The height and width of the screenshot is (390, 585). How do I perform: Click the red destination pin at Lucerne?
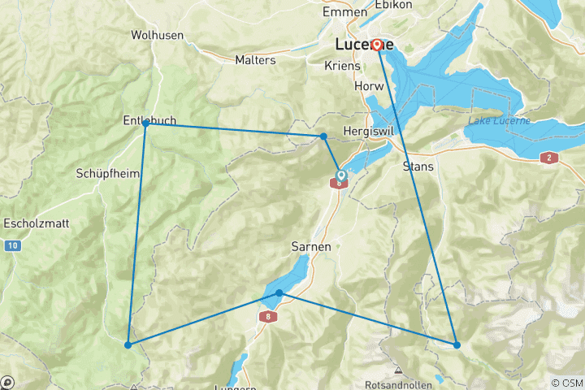[x=378, y=44]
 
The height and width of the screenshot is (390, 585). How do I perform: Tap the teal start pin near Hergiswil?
[x=341, y=175]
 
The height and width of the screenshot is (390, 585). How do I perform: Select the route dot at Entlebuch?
[x=145, y=123]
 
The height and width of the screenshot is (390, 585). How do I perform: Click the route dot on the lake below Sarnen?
[x=279, y=292]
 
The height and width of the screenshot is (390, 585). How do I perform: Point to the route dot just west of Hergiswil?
[x=323, y=136]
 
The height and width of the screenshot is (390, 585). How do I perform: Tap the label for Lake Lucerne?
[x=499, y=121]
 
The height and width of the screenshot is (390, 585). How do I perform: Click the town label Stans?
[x=418, y=167]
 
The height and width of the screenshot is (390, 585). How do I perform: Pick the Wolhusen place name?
[x=157, y=35]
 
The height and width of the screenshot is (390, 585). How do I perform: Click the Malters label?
[x=255, y=60]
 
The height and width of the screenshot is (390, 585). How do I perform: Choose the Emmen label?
[x=344, y=12]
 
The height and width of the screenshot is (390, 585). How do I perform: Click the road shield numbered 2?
[x=549, y=158]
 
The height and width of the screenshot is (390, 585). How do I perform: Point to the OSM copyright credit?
[x=567, y=383]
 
